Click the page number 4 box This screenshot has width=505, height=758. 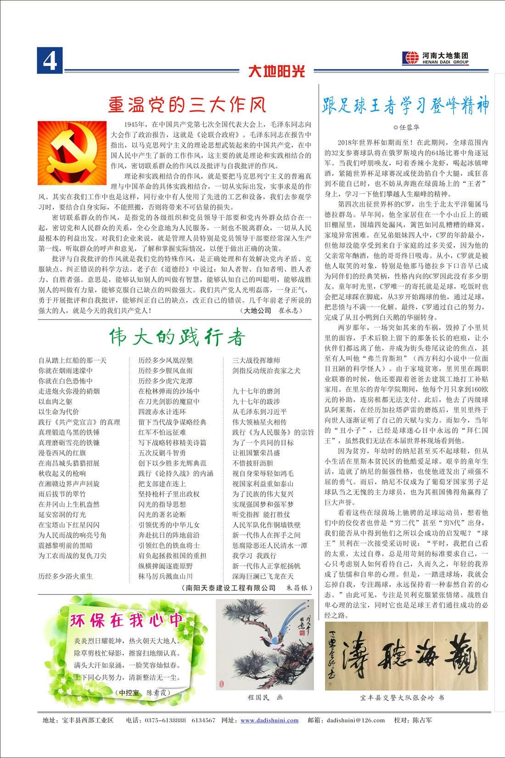pos(50,61)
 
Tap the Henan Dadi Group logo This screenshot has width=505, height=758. pos(435,58)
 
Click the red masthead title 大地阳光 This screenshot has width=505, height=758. pos(276,71)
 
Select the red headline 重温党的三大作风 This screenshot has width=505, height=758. pos(187,105)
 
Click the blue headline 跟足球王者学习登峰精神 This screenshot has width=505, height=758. pos(405,106)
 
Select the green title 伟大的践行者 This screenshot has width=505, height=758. pos(177,337)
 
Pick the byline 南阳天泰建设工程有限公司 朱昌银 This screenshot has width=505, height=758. pos(247,588)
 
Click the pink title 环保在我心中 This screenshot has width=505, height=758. pos(127,620)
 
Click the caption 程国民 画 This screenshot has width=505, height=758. pos(265,697)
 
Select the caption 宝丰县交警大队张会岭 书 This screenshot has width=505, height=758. pos(402,697)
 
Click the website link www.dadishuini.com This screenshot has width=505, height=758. pos(269,720)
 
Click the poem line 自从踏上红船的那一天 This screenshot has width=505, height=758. pos(73,360)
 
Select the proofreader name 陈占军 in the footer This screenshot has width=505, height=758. pos(422,720)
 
